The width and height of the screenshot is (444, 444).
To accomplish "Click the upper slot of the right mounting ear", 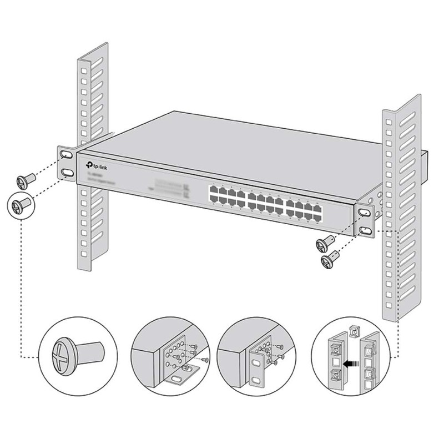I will [366, 213].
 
